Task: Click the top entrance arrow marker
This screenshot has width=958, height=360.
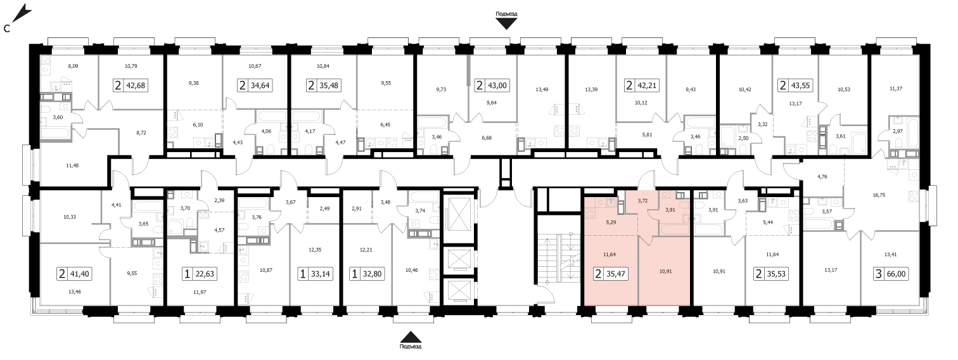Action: pyautogui.click(x=506, y=24)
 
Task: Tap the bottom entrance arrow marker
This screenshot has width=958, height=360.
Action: pyautogui.click(x=411, y=337)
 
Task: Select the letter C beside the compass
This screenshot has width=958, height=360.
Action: pyautogui.click(x=6, y=29)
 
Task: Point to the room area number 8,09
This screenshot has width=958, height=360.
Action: pyautogui.click(x=73, y=67)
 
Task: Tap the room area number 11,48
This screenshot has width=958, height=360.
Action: pyautogui.click(x=72, y=165)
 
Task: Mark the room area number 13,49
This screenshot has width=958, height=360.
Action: pyautogui.click(x=542, y=89)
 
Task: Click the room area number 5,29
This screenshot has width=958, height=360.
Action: pyautogui.click(x=611, y=222)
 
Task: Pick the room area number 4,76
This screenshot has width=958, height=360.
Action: pyautogui.click(x=822, y=176)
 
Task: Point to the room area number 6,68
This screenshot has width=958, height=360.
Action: pyautogui.click(x=486, y=138)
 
